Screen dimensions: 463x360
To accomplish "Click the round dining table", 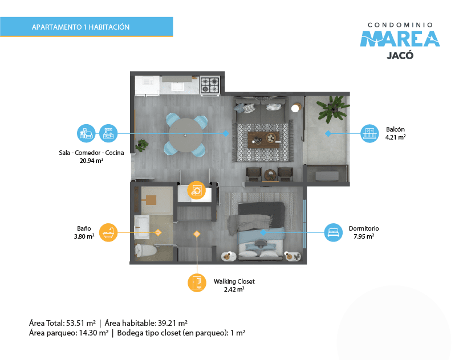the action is click(185, 135).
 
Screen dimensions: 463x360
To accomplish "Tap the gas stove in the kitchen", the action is click(210, 86).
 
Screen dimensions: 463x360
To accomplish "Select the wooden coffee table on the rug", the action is click(263, 140).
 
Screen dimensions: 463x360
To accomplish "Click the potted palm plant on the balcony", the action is click(332, 109).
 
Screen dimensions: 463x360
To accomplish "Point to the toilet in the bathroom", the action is click(145, 251).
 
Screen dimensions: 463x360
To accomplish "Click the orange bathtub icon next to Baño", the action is click(108, 232).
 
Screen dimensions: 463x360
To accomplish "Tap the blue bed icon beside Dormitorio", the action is click(334, 232).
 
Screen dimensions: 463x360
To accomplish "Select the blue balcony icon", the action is click(369, 133).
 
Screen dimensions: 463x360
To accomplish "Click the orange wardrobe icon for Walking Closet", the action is click(197, 283).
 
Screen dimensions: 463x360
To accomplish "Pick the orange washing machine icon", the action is click(196, 190).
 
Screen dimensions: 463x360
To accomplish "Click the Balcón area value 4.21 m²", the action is click(395, 137).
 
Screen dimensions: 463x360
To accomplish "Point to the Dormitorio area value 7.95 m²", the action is click(364, 236).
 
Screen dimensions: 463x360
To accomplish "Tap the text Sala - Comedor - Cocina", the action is click(91, 153).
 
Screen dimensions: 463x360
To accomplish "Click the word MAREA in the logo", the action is click(400, 39).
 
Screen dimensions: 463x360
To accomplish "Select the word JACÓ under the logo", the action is click(400, 55).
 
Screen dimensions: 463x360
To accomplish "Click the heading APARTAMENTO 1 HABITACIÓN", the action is click(80, 27).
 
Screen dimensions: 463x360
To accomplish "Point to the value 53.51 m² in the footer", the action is click(81, 323).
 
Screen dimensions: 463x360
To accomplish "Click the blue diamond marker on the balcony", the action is click(328, 133).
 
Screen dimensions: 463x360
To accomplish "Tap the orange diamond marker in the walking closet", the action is click(197, 234).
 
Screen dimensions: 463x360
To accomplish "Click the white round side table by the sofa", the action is click(295, 108).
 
